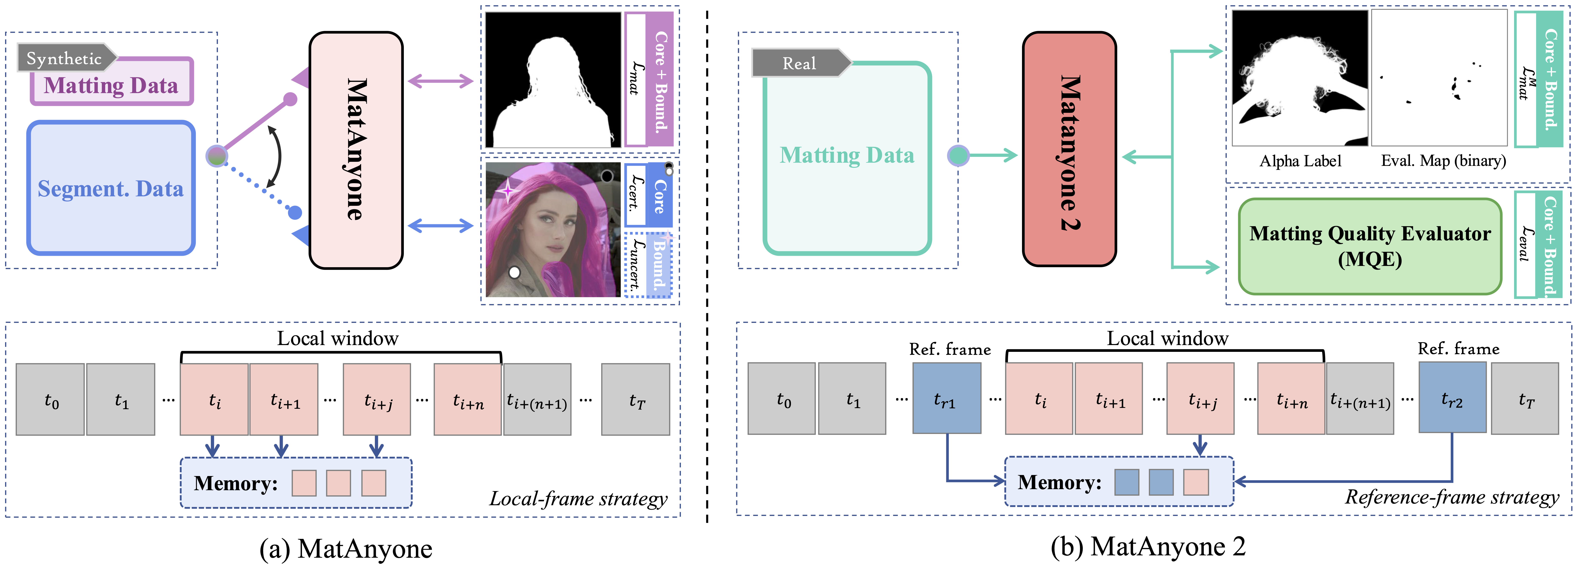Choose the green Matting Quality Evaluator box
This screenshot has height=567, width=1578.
click(x=1370, y=246)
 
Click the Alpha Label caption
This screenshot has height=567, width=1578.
click(x=1300, y=161)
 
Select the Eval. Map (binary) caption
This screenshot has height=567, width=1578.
click(x=1443, y=161)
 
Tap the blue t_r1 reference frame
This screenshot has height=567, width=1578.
click(x=946, y=399)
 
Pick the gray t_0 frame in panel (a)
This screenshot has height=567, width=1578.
click(x=50, y=400)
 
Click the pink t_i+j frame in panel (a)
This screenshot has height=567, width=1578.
click(x=377, y=400)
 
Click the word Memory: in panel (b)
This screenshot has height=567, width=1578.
click(x=1059, y=483)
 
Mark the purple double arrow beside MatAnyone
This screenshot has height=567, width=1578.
click(x=440, y=80)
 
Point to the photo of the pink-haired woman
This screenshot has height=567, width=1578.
click(x=553, y=230)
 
